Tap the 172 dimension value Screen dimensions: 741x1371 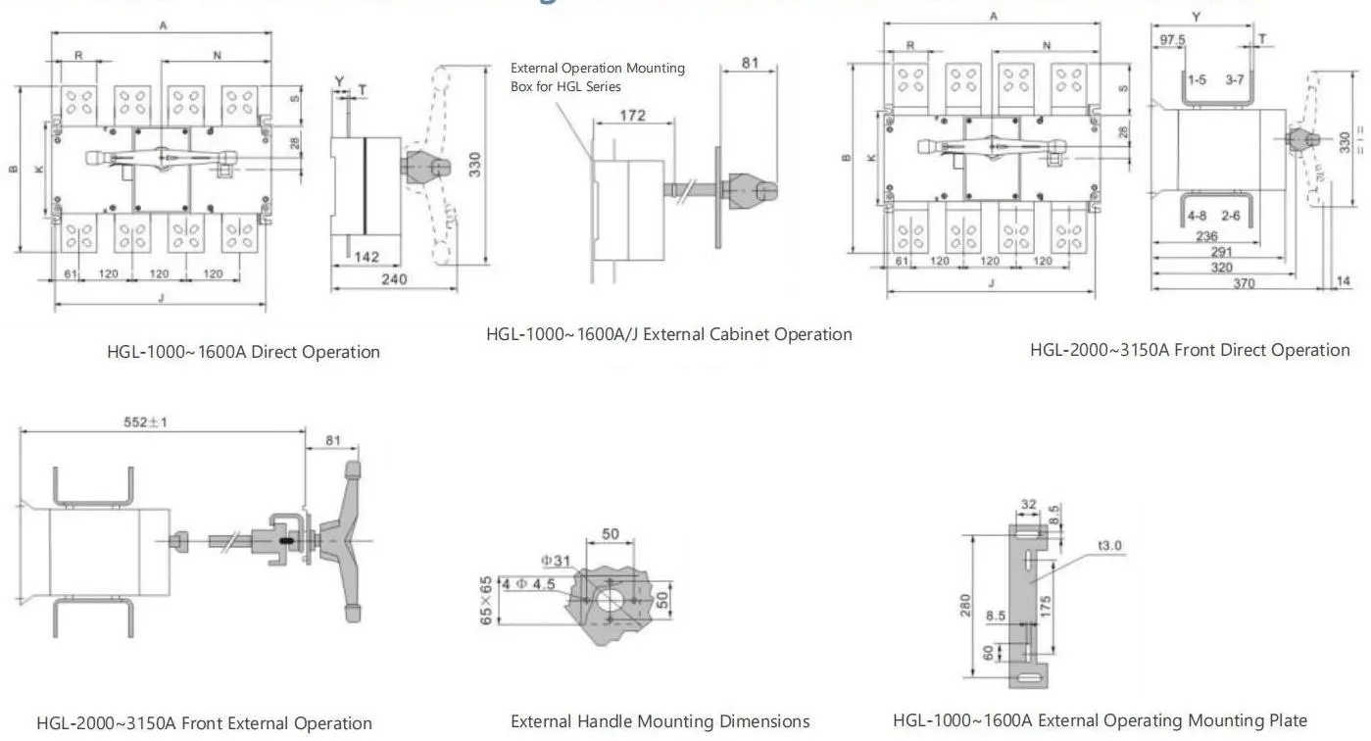[632, 116]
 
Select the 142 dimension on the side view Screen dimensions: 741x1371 [367, 256]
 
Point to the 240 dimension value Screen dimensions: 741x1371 [394, 279]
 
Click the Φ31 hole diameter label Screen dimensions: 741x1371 [555, 560]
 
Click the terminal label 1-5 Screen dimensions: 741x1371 [1198, 78]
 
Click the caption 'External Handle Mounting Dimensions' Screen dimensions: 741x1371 [660, 721]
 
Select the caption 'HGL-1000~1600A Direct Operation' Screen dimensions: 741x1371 [243, 352]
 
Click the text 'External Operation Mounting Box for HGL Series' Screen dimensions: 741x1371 [598, 77]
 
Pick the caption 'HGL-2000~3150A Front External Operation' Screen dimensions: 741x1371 [204, 723]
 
